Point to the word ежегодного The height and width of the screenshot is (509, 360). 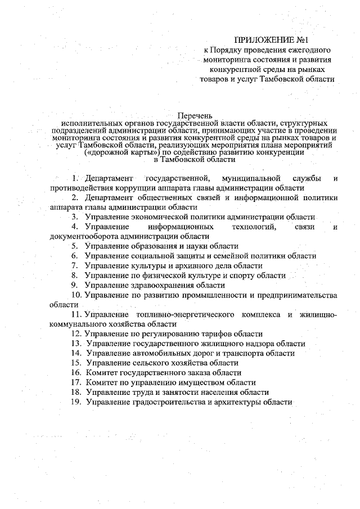307,49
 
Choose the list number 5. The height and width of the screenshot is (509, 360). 75,246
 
